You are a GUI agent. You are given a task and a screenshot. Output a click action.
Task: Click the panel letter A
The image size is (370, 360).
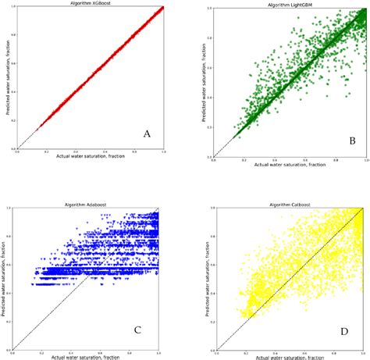click(147, 134)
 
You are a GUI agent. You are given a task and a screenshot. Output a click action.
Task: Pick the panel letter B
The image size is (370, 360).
click(352, 141)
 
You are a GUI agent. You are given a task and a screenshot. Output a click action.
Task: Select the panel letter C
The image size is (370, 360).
click(138, 330)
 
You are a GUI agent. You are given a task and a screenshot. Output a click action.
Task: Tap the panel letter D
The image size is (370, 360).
click(344, 333)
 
